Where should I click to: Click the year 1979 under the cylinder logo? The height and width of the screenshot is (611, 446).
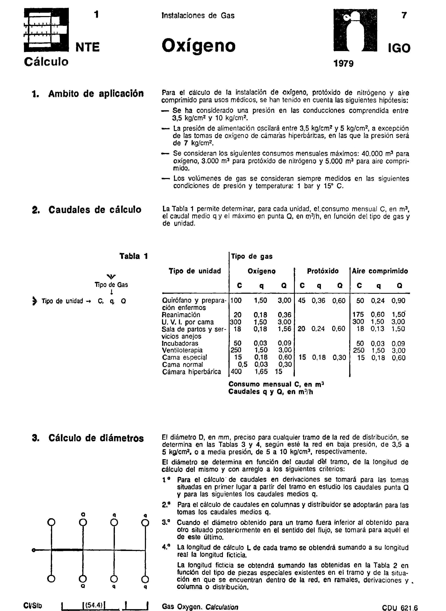(343, 64)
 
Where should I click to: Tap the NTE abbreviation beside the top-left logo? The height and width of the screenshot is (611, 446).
(88, 47)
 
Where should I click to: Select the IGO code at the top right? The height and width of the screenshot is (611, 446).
(399, 48)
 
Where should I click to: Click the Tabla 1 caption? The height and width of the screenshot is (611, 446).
(134, 256)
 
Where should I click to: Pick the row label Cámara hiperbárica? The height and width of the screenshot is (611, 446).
(191, 372)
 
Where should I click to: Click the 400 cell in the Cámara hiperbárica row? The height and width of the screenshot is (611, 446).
(236, 372)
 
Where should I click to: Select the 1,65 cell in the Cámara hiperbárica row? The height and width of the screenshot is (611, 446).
(261, 372)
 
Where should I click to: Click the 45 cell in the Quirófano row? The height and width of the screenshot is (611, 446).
(302, 301)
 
